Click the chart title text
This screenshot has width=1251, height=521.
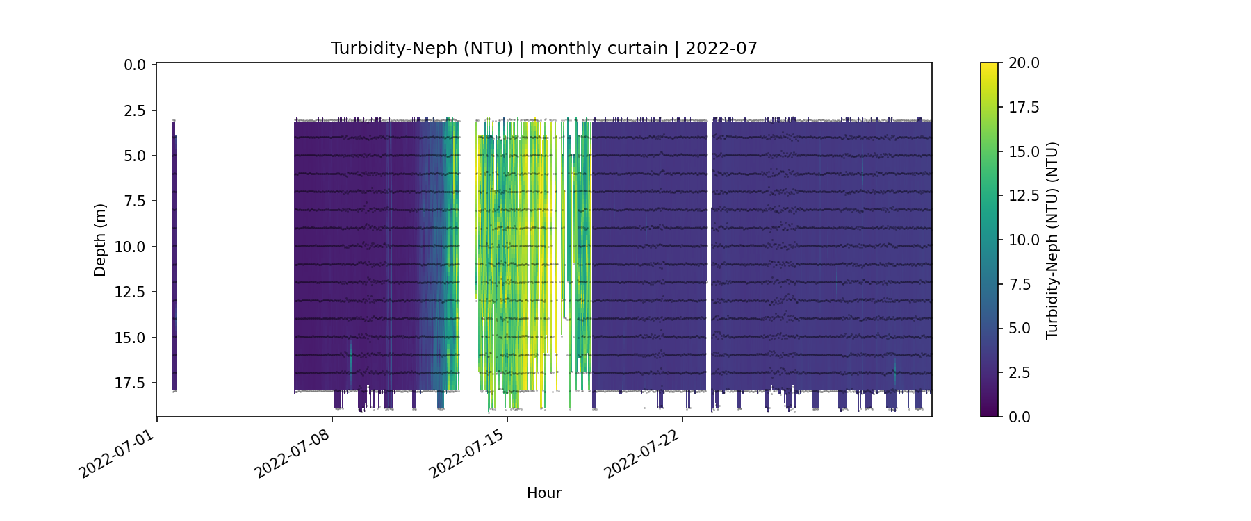click(x=543, y=49)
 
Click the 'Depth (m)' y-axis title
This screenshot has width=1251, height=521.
click(x=100, y=240)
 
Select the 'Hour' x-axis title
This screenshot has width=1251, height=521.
click(x=543, y=493)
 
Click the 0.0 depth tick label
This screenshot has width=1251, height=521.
click(x=135, y=65)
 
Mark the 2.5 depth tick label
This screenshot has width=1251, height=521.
click(x=135, y=110)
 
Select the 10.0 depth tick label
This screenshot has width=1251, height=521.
click(x=131, y=247)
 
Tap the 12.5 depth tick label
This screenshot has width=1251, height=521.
click(x=131, y=292)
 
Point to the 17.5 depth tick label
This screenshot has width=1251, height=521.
click(x=131, y=383)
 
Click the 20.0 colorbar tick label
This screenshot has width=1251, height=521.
click(x=1024, y=63)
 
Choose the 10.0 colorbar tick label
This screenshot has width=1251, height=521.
click(x=1024, y=240)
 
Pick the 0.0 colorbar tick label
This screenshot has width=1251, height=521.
click(x=1020, y=417)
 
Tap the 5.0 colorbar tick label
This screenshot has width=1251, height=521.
click(x=1020, y=329)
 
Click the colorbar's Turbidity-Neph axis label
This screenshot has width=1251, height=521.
click(x=1052, y=240)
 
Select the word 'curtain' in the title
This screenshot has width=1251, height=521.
click(x=633, y=49)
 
